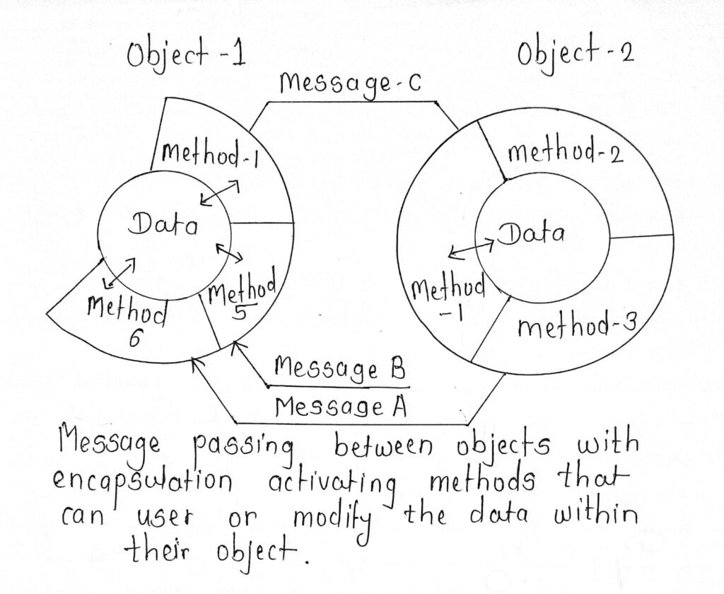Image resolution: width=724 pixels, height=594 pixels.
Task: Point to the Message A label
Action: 334,407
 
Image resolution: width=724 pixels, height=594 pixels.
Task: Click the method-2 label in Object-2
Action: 565,152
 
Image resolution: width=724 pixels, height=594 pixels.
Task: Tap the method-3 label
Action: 575,327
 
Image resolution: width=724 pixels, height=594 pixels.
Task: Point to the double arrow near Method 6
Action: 119,273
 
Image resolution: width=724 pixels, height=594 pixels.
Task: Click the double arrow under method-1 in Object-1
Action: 219,193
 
